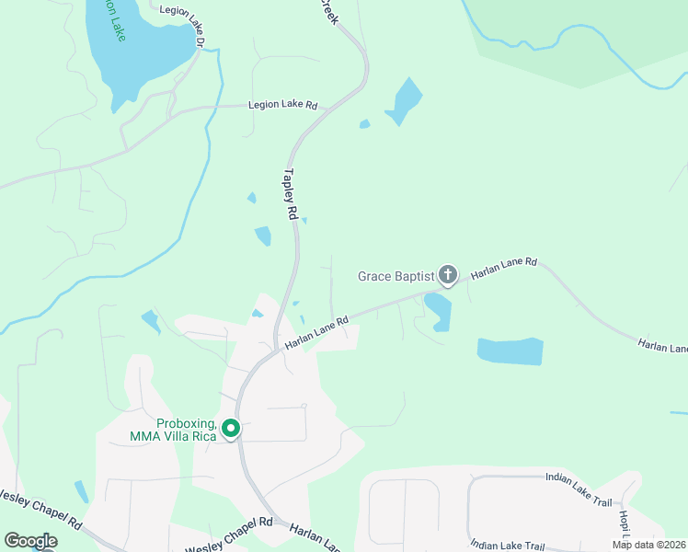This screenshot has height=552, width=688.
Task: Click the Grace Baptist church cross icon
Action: [448, 275]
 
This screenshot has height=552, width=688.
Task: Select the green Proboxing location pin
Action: [231, 429]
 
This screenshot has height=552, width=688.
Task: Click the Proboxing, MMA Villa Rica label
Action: [186, 430]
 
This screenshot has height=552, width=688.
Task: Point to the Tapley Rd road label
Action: [292, 193]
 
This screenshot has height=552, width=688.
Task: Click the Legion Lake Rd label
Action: [282, 106]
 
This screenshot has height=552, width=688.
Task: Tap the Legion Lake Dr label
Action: [180, 10]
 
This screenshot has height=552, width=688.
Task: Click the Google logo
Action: [30, 541]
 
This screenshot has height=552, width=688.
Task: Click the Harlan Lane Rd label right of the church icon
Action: [503, 269]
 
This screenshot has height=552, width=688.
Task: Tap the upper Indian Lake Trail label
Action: [578, 477]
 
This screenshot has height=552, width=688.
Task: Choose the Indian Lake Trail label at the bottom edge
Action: [507, 545]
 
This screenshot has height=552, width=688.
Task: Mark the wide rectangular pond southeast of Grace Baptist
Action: [510, 351]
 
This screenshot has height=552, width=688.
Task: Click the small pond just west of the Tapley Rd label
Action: [263, 236]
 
